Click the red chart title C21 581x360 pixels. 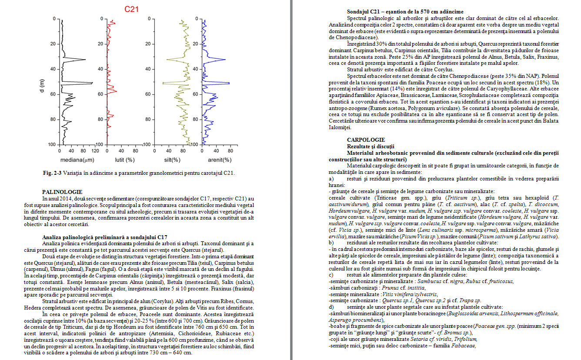pos(131,9)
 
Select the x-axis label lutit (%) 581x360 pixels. pos(124,160)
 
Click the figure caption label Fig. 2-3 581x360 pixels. pos(52,173)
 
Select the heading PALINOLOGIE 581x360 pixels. pos(62,192)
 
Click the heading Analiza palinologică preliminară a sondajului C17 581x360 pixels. pos(104,237)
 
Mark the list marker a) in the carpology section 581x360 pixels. pos(332,179)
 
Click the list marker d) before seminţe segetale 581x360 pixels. pos(332,307)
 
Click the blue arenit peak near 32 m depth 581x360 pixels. pos(225,60)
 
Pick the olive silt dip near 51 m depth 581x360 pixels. pos(164,83)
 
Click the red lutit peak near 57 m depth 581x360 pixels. pos(116,91)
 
